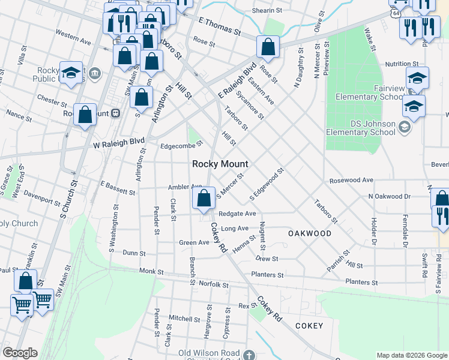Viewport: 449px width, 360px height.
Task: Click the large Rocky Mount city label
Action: [220, 164]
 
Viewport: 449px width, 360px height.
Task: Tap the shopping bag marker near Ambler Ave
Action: [204, 197]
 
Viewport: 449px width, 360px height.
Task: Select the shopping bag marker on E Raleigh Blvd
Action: [268, 46]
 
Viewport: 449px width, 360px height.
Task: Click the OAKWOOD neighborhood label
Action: [309, 233]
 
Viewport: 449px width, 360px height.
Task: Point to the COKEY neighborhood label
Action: [309, 326]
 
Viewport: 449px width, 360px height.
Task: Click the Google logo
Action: [20, 353]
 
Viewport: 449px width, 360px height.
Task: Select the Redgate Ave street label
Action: [237, 214]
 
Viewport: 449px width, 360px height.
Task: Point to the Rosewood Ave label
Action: [351, 180]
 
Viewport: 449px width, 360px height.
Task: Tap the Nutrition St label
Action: [402, 64]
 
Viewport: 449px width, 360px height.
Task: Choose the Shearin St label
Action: [267, 11]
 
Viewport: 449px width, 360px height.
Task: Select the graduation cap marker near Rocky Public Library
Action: [71, 73]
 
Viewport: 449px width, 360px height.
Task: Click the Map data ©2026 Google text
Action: [411, 355]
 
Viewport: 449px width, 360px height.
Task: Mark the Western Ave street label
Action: [73, 37]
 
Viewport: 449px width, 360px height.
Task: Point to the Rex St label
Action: [243, 306]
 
